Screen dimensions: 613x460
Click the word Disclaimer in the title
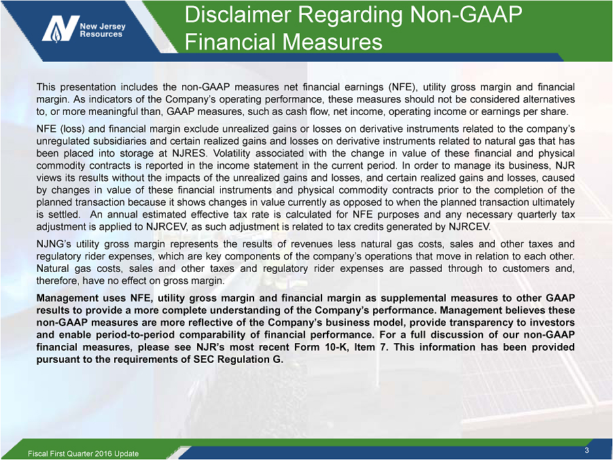(x=237, y=14)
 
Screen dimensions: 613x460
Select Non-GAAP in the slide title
(x=466, y=14)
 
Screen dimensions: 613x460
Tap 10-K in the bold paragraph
(x=336, y=347)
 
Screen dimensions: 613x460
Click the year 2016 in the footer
(x=103, y=454)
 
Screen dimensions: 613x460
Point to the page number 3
(x=586, y=450)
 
